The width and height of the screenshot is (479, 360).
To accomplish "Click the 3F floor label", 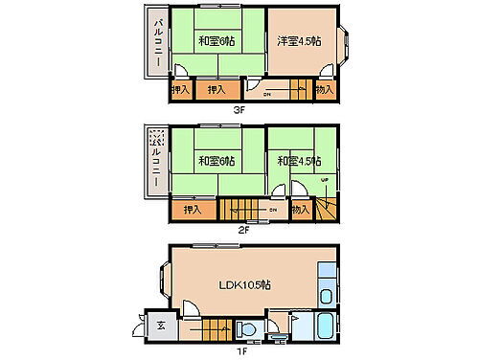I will click(239, 109).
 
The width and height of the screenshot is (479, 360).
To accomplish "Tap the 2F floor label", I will click(243, 230).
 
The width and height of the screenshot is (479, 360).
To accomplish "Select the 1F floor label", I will click(243, 350).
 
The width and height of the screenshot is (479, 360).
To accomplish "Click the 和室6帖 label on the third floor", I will click(217, 41).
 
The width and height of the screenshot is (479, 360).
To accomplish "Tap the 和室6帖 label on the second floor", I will click(217, 160).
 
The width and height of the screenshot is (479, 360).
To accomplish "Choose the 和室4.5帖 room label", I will click(299, 160).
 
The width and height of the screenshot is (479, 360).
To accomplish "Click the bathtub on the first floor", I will click(322, 327).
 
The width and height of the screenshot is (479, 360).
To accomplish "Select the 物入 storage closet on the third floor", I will click(325, 90).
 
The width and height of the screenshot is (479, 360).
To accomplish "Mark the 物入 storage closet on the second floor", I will click(300, 209).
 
